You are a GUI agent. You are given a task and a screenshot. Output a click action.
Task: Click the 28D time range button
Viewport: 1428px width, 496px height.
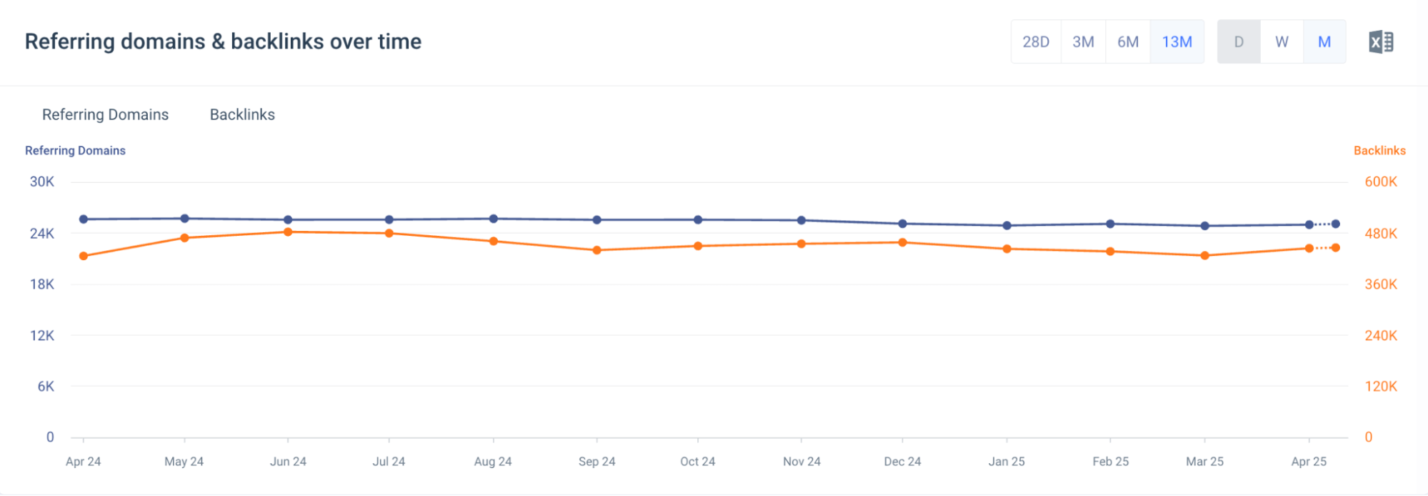tap(1036, 42)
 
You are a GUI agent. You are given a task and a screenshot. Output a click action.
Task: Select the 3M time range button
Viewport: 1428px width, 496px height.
tap(1083, 42)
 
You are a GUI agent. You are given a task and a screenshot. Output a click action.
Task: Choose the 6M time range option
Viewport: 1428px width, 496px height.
tap(1128, 42)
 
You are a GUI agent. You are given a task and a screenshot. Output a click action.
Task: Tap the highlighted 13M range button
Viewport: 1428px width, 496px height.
tap(1177, 42)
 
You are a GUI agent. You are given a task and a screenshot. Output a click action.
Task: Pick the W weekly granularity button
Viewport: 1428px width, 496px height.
tap(1282, 42)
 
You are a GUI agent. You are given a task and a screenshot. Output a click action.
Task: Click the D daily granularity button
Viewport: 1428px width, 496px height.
tap(1239, 42)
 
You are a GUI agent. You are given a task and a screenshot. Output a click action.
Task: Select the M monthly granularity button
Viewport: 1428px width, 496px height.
tap(1324, 42)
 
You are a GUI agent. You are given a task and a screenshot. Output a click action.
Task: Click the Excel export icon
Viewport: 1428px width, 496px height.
tap(1381, 42)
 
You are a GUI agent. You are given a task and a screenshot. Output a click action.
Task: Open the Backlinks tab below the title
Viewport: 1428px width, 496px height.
tap(242, 115)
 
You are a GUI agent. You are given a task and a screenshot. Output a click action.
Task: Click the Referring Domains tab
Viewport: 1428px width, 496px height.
tap(105, 115)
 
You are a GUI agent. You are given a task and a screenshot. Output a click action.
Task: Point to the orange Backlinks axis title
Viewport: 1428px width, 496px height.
tap(1379, 151)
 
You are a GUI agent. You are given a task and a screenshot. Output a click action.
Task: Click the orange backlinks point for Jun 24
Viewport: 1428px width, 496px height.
tap(288, 232)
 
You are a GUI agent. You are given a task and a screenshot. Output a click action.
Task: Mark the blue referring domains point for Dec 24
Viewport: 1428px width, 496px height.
tap(902, 224)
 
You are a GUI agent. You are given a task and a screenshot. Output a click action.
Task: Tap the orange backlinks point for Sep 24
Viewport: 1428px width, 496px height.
tap(597, 250)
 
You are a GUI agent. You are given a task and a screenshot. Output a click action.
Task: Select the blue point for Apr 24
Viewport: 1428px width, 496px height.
tap(84, 219)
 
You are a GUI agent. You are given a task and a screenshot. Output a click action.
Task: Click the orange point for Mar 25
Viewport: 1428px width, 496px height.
tap(1205, 255)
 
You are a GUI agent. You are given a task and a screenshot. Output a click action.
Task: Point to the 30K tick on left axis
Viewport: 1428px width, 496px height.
tap(41, 182)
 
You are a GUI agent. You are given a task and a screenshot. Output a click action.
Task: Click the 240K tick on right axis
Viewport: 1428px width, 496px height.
tap(1381, 336)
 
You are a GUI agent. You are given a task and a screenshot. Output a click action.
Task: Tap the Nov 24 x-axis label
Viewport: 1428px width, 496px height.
tap(802, 462)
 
